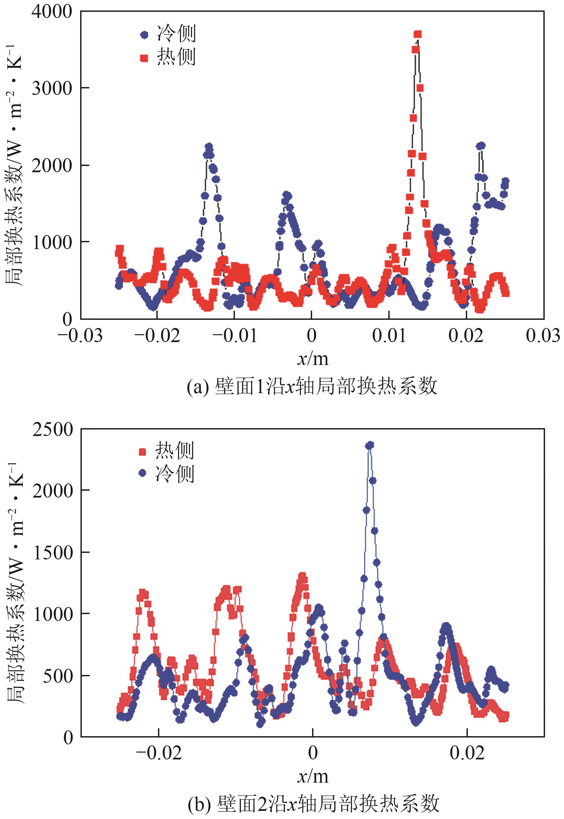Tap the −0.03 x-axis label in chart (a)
coord(80,335)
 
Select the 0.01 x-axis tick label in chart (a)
coord(389,335)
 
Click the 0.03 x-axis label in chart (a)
coord(543,335)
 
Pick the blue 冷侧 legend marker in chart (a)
coord(145,35)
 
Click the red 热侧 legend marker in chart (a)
coord(144,58)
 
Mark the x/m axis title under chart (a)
coord(312,359)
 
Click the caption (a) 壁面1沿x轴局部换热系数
coord(312,387)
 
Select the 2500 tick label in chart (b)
coord(52,430)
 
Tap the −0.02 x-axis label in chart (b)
coord(159,753)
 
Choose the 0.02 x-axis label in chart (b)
coord(467,753)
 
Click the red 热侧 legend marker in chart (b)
coord(143,452)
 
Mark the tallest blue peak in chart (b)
coord(370,445)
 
